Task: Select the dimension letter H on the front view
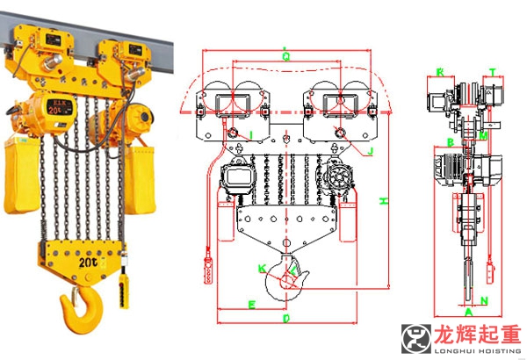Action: (x=383, y=201)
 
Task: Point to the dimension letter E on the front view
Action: (x=252, y=305)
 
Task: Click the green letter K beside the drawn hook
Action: (x=261, y=266)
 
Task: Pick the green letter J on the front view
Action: (x=371, y=151)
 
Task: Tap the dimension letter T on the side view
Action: (x=492, y=72)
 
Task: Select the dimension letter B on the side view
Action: (x=449, y=141)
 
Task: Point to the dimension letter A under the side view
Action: (x=468, y=312)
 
